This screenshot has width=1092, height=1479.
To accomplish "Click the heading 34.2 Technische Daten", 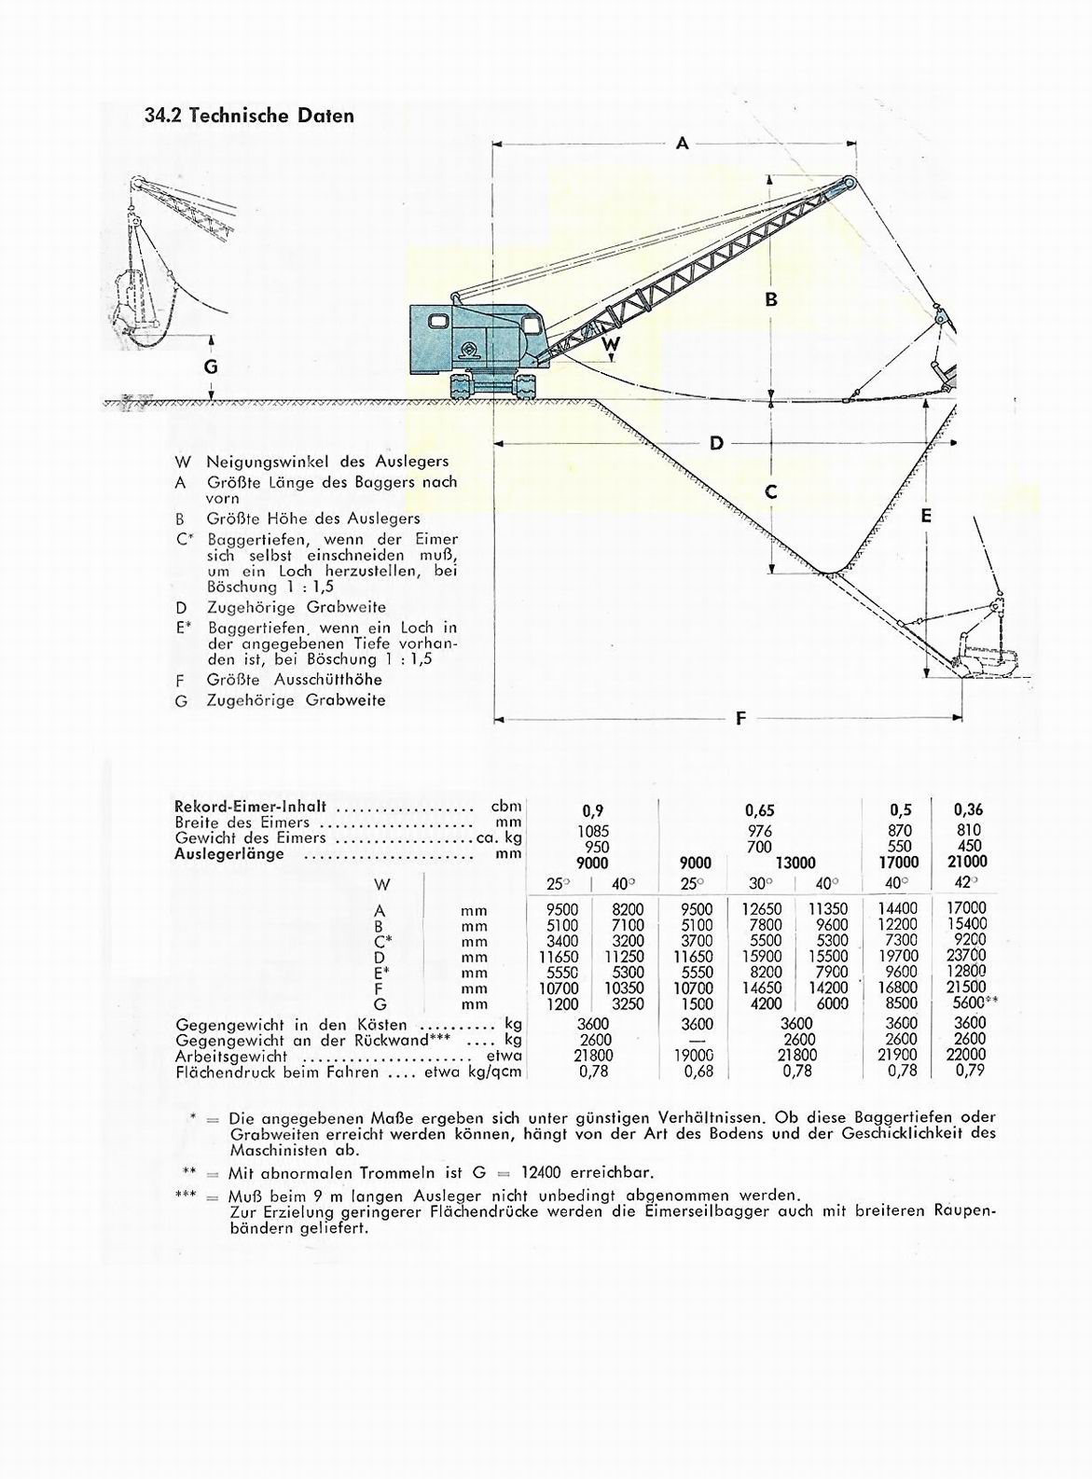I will click(249, 116).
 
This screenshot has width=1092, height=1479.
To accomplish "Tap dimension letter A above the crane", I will click(682, 143).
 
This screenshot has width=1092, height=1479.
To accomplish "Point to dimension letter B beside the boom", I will click(771, 299).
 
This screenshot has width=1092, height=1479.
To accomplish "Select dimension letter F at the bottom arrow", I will click(741, 718).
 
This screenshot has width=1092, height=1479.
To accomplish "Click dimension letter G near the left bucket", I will click(211, 366).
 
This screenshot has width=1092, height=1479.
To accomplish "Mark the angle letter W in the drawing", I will click(611, 343).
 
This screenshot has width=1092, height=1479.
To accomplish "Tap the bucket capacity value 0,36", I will click(969, 810).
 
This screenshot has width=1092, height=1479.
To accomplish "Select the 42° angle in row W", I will click(967, 883).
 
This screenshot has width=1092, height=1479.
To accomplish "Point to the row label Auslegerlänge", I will click(229, 853).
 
